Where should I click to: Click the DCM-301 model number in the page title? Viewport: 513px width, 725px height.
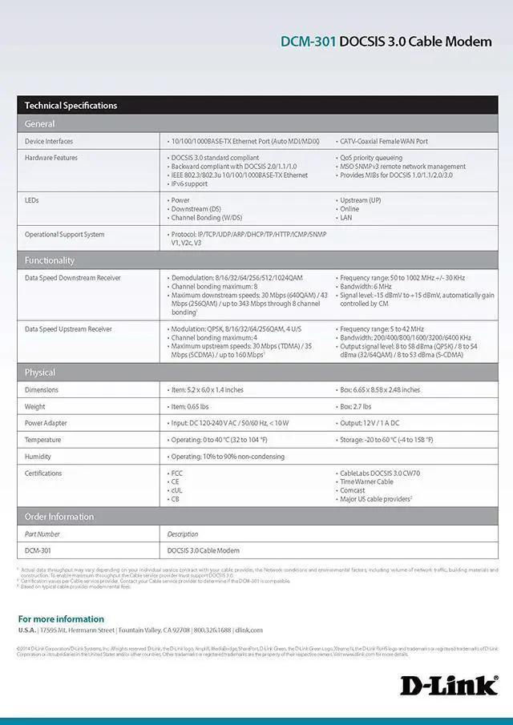(x=308, y=42)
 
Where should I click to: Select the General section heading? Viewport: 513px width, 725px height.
(x=40, y=124)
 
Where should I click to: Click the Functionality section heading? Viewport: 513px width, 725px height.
(x=50, y=260)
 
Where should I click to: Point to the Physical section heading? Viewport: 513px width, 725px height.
(x=40, y=373)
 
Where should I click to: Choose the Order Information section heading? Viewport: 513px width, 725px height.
(x=59, y=517)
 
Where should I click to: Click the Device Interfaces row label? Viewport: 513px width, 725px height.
(x=49, y=141)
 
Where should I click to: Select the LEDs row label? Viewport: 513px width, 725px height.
(x=32, y=200)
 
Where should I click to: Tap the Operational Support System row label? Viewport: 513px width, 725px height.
(x=64, y=235)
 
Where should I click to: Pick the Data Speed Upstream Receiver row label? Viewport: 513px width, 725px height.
(x=68, y=329)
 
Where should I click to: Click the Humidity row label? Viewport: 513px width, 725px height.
(x=38, y=457)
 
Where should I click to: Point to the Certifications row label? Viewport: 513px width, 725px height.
(x=43, y=473)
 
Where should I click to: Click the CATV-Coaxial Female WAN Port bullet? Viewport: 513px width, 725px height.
(x=383, y=141)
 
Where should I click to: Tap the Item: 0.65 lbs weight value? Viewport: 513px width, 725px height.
(x=196, y=406)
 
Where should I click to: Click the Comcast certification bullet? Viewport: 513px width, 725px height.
(x=353, y=490)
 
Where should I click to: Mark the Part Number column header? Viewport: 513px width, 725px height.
(x=42, y=534)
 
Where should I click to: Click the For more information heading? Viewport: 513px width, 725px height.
(x=61, y=619)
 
